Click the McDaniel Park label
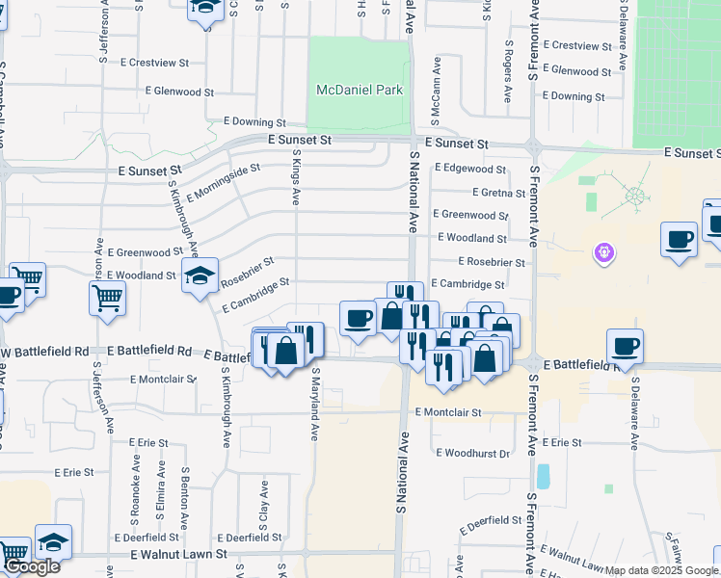tap(359, 90)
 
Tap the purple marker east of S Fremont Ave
tap(605, 252)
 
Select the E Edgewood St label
tap(469, 168)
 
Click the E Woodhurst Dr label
tap(472, 453)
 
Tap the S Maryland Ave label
tap(315, 403)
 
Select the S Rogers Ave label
tap(507, 73)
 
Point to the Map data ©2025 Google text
tap(662, 570)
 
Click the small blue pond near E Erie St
tap(544, 477)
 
